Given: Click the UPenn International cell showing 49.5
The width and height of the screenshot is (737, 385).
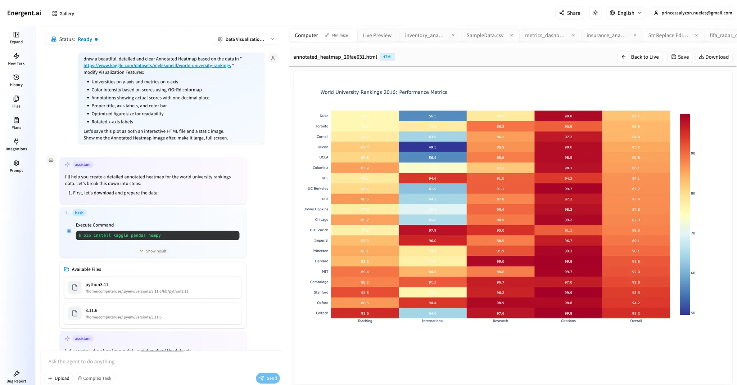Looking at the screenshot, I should coord(432,147).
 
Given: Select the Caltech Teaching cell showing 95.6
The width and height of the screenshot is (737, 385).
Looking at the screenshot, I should coord(365,313).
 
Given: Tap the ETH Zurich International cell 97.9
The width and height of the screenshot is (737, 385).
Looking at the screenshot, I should coord(432,230).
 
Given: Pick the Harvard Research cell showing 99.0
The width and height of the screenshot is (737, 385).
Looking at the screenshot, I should coord(500,261).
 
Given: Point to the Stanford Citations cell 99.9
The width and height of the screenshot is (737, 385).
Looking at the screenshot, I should coord(568,292).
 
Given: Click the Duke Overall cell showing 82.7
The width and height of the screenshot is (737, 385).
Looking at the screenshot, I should coord(636,116).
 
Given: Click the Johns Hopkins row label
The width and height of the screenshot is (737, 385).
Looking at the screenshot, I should coord(316,209).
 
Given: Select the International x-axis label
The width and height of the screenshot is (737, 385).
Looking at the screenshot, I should coord(432,321).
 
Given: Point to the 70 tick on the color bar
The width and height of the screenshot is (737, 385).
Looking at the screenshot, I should coord(693,233).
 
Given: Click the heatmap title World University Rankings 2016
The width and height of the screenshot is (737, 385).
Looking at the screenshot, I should coord(384,92).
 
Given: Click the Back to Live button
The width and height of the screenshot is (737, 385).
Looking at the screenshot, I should coord(640,57).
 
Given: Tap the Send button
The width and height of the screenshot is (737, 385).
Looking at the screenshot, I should coord(268,378).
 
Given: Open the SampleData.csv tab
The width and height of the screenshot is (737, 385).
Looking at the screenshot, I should coord(485,35).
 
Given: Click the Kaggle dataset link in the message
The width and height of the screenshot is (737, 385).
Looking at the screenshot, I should coord(157,66).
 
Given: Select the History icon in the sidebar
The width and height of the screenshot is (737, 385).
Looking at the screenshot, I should coord(16,80).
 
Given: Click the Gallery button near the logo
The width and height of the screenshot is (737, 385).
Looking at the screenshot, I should coord(63,13).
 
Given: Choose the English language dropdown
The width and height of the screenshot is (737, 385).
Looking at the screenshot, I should coord(625,13).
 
